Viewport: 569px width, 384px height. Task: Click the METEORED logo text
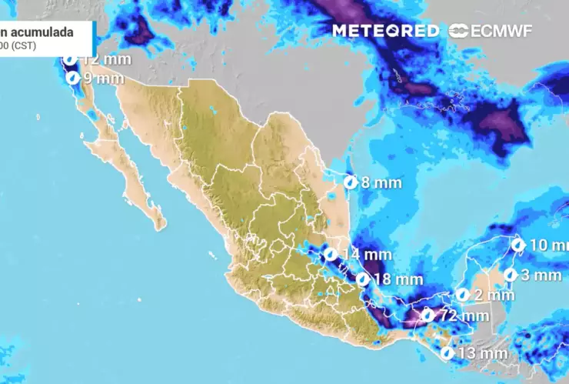(x=385, y=31)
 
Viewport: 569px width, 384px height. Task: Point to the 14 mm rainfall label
(x=368, y=254)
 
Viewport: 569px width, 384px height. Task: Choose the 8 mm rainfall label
(x=376, y=183)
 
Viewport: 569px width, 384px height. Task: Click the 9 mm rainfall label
(x=103, y=78)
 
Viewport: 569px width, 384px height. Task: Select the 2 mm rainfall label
(x=494, y=295)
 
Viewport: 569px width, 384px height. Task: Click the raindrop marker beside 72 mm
(x=428, y=315)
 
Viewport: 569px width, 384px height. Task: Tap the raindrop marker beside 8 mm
(x=350, y=183)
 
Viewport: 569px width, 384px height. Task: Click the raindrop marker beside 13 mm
(x=447, y=353)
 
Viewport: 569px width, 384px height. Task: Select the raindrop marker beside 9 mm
(x=73, y=78)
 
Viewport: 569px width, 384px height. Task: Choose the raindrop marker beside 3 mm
(x=509, y=275)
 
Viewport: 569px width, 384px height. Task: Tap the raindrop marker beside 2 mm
(x=463, y=295)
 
